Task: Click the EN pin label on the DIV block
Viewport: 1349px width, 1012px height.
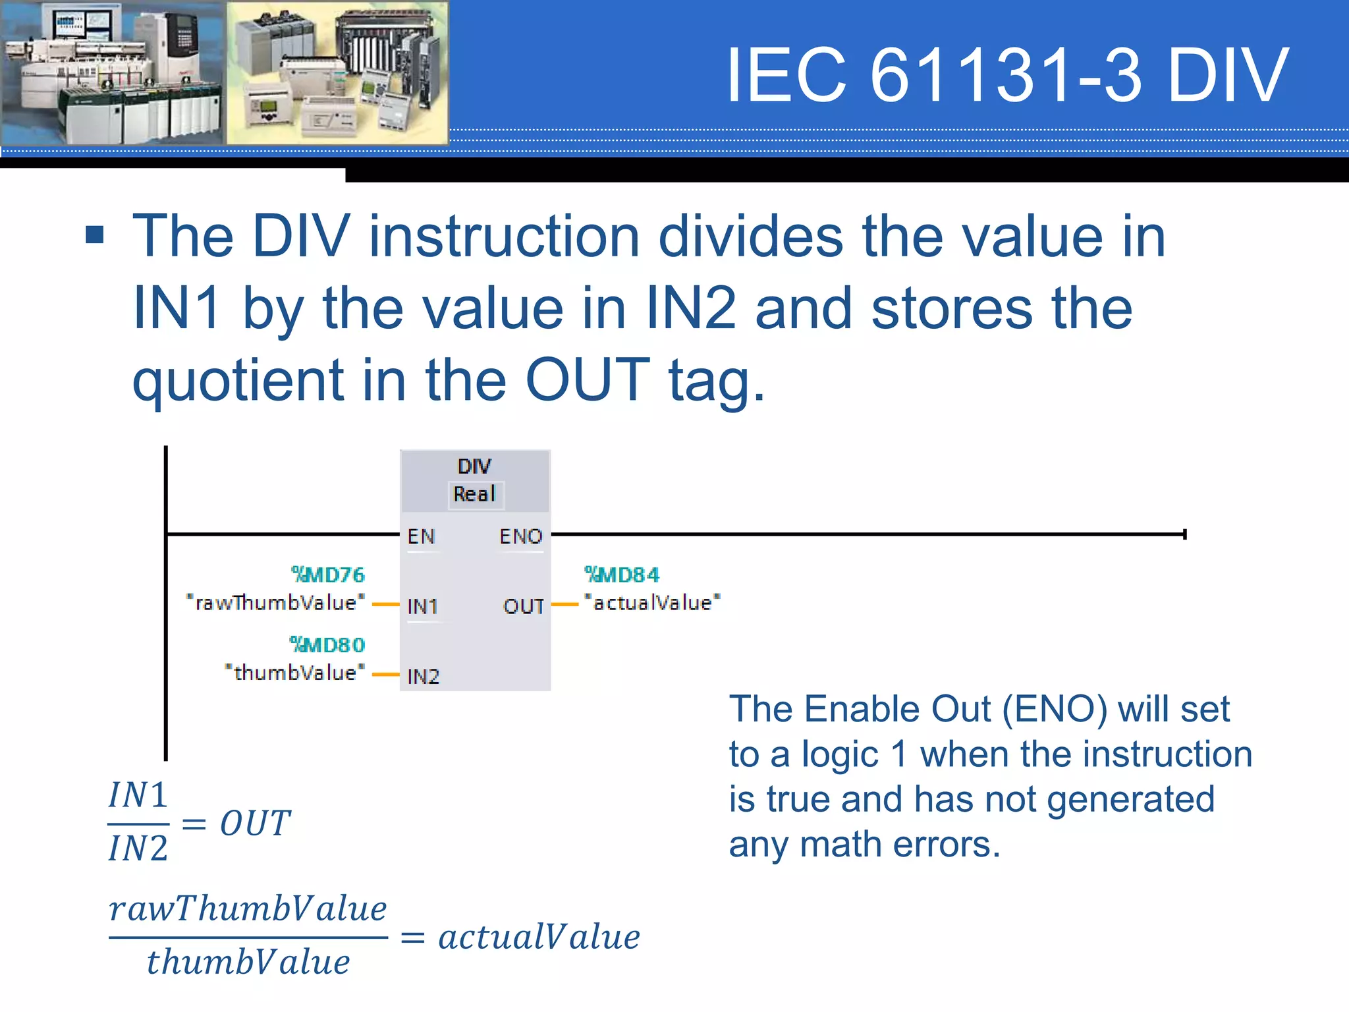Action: point(421,536)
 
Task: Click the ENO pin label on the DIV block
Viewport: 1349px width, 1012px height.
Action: point(520,536)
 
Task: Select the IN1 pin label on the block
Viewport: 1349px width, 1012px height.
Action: point(422,606)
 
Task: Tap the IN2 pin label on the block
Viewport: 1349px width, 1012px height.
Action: point(423,676)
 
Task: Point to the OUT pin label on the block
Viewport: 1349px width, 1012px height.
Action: point(524,606)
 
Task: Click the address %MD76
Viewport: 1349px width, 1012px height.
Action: point(328,575)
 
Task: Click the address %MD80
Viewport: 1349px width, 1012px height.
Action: point(327,644)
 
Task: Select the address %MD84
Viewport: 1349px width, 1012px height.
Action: point(622,575)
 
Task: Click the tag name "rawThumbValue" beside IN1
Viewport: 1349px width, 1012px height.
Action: point(275,603)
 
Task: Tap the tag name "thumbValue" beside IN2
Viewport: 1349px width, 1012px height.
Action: point(294,673)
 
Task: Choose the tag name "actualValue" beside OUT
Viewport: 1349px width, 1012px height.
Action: point(652,603)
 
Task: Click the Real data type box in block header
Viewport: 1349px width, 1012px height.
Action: point(475,494)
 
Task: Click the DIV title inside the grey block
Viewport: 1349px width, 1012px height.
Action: point(474,466)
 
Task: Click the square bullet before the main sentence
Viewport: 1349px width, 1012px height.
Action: point(95,235)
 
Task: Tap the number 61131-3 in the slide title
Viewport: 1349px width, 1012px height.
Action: point(1005,75)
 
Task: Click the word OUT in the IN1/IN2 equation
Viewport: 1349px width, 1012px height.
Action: point(255,824)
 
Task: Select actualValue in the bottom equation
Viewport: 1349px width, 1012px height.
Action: point(539,937)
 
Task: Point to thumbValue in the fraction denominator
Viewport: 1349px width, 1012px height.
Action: point(248,962)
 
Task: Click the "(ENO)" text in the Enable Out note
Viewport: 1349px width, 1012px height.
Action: point(1055,710)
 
